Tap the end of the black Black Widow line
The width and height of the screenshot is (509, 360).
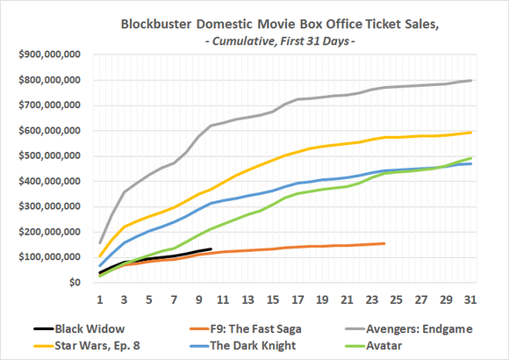211,249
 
